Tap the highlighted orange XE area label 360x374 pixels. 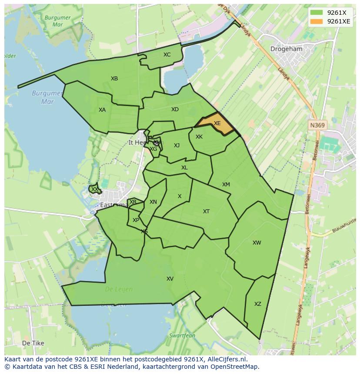(x=217, y=123)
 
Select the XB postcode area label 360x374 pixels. (x=114, y=79)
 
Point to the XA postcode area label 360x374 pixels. (x=102, y=110)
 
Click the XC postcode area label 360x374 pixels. (x=167, y=55)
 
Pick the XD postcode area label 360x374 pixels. (x=175, y=109)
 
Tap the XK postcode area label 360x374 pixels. (x=199, y=137)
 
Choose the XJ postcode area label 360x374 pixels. (x=177, y=146)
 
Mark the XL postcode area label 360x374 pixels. (x=184, y=168)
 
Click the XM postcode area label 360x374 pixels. (x=226, y=185)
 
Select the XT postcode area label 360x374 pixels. (x=207, y=212)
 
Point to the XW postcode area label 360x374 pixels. (x=257, y=243)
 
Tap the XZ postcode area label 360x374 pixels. (x=258, y=304)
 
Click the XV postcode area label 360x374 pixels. (x=170, y=279)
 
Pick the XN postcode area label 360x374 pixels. (x=153, y=202)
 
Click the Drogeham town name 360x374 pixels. (x=286, y=49)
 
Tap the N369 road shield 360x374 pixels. (x=317, y=125)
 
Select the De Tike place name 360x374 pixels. (x=33, y=343)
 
